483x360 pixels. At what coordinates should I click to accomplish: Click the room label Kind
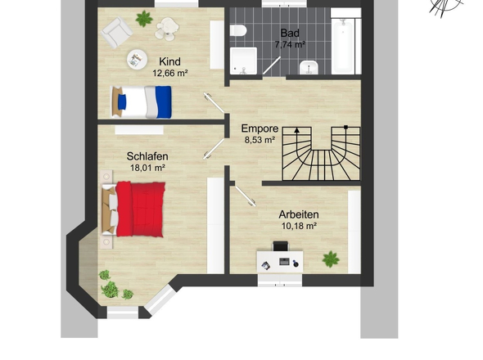[169, 61]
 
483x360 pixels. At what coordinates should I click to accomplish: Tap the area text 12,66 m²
[170, 74]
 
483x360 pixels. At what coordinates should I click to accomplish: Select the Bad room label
[290, 33]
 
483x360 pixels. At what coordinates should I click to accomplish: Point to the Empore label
[260, 128]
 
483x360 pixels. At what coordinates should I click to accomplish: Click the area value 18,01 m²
[147, 168]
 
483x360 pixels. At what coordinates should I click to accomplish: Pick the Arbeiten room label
[299, 214]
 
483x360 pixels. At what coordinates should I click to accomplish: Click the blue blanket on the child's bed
[164, 102]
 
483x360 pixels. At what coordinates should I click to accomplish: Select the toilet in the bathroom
[238, 30]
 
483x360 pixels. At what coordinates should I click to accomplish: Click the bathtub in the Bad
[342, 46]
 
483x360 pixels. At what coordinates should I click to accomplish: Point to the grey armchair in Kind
[116, 33]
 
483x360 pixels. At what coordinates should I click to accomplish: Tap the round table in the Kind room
[137, 59]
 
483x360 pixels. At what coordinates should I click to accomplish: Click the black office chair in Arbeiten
[281, 246]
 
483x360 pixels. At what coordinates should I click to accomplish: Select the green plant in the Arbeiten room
[331, 259]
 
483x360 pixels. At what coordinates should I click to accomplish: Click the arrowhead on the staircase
[296, 130]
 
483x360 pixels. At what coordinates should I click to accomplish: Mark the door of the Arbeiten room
[245, 195]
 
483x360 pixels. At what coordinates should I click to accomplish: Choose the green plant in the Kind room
[144, 19]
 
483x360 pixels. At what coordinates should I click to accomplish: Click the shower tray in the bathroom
[243, 61]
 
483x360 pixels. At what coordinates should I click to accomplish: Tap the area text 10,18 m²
[299, 226]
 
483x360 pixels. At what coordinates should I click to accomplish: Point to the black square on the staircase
[346, 127]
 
